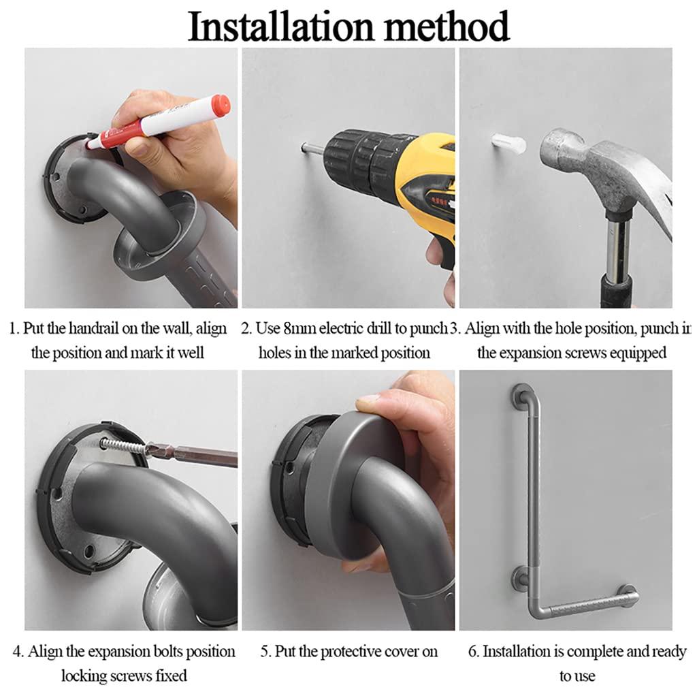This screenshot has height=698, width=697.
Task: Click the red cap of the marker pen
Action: pos(219,107)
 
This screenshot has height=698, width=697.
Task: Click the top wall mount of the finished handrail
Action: pos(523,395)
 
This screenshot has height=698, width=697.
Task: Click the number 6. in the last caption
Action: pos(474,652)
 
